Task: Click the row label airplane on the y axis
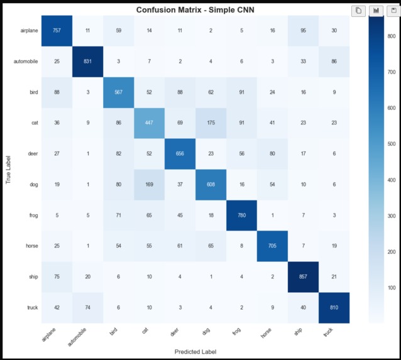tap(29, 30)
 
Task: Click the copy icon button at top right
tap(358, 10)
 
